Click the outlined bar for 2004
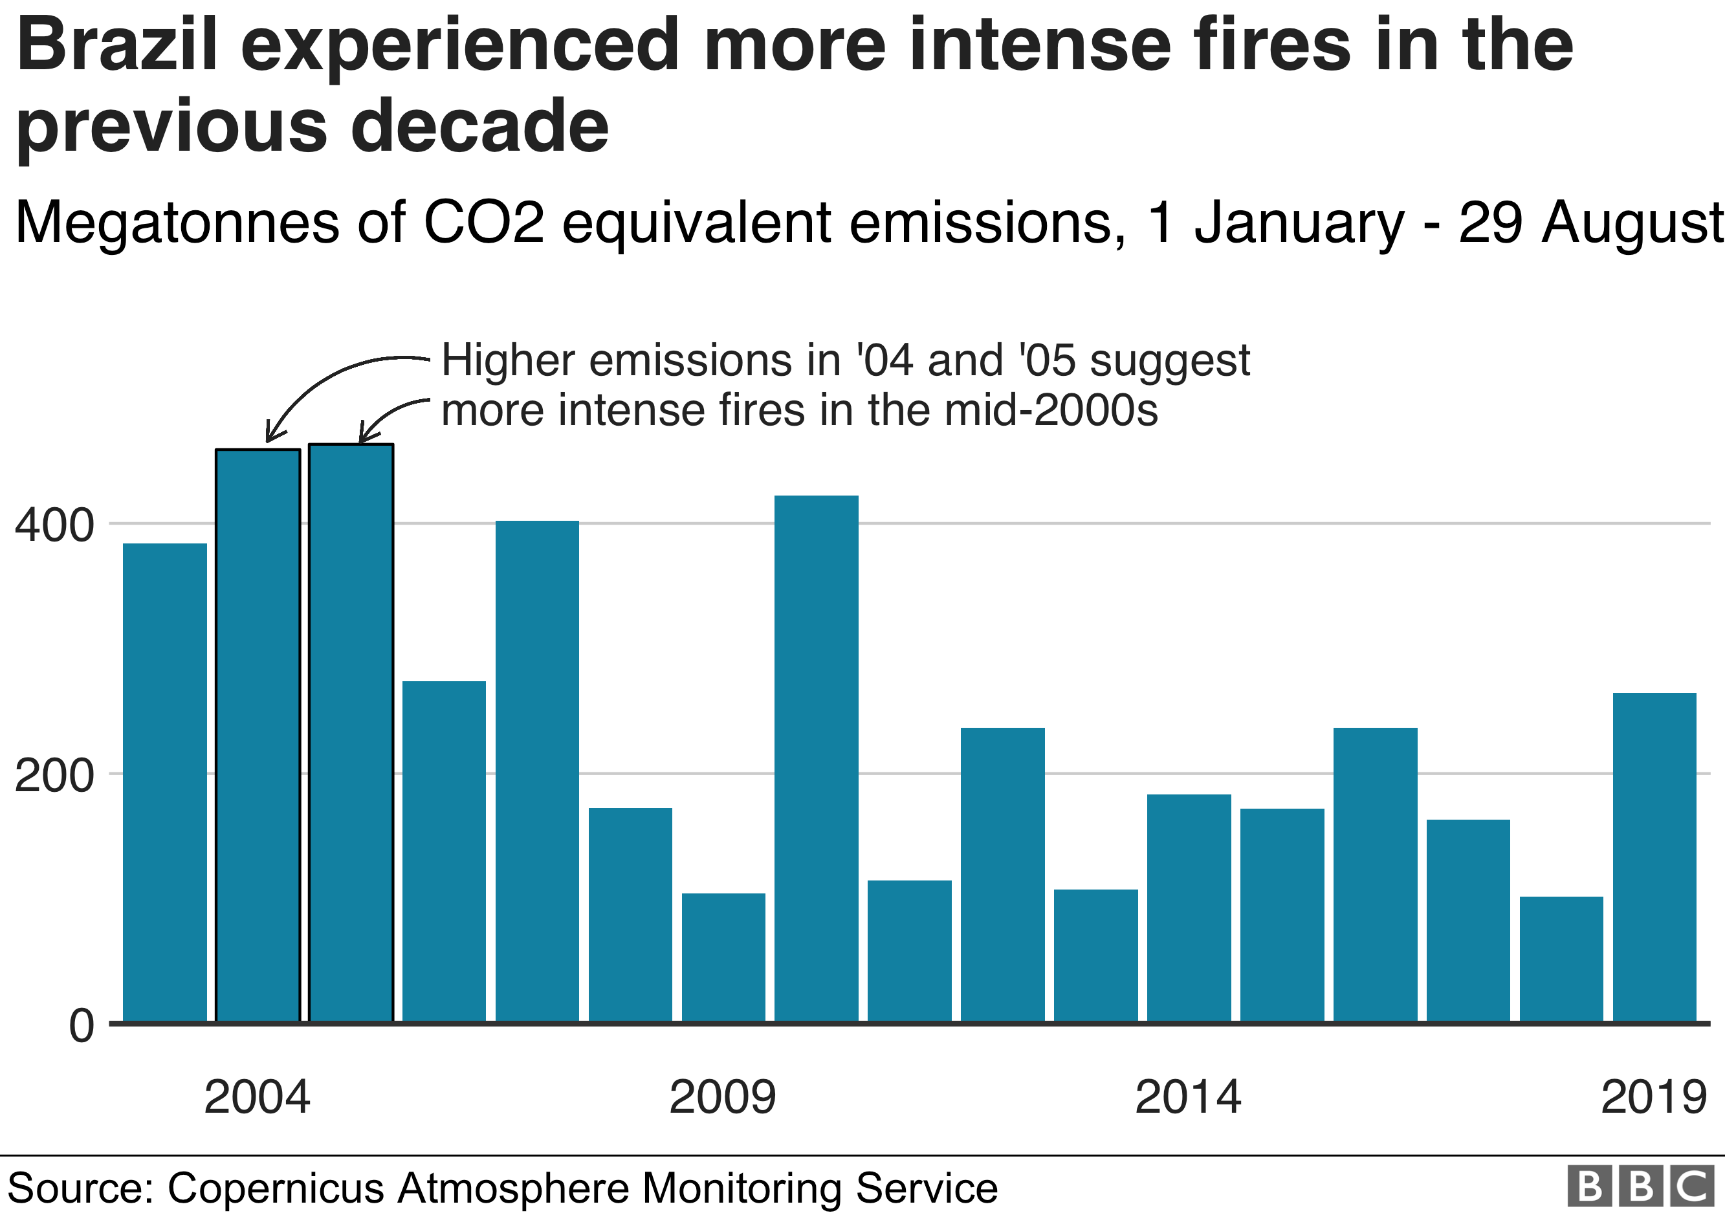coord(258,736)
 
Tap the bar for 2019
coord(1654,857)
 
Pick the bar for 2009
coord(723,957)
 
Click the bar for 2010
coord(816,759)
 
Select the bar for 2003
coord(164,781)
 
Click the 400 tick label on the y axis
coord(54,525)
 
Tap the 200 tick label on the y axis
coord(54,775)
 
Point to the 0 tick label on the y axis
coord(81,1025)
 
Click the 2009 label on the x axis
coord(722,1097)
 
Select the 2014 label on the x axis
coord(1188,1097)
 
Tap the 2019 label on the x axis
coord(1654,1097)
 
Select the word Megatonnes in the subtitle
coord(177,223)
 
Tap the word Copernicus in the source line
coord(276,1188)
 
